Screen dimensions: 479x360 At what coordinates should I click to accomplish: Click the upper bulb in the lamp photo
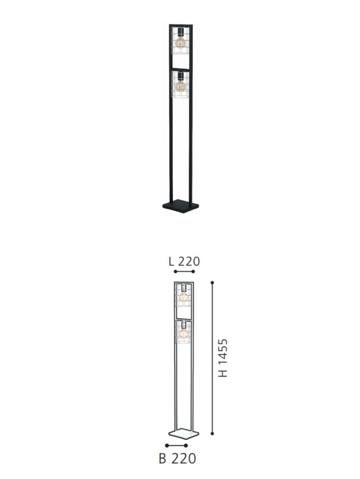tap(179, 42)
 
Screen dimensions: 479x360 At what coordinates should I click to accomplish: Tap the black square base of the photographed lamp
tap(180, 206)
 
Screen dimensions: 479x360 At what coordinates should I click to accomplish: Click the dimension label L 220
tap(184, 261)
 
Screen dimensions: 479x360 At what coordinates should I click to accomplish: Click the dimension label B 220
tap(178, 459)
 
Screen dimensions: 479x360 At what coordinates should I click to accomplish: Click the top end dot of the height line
tap(212, 281)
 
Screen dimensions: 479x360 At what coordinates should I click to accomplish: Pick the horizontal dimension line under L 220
tap(184, 272)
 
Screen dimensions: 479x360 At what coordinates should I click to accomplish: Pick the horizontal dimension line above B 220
tap(177, 445)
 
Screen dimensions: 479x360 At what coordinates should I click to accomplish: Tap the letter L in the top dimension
tap(172, 261)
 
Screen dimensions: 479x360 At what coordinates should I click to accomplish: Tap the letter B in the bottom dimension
tap(163, 459)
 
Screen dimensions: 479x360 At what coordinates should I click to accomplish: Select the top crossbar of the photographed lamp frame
tap(180, 25)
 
